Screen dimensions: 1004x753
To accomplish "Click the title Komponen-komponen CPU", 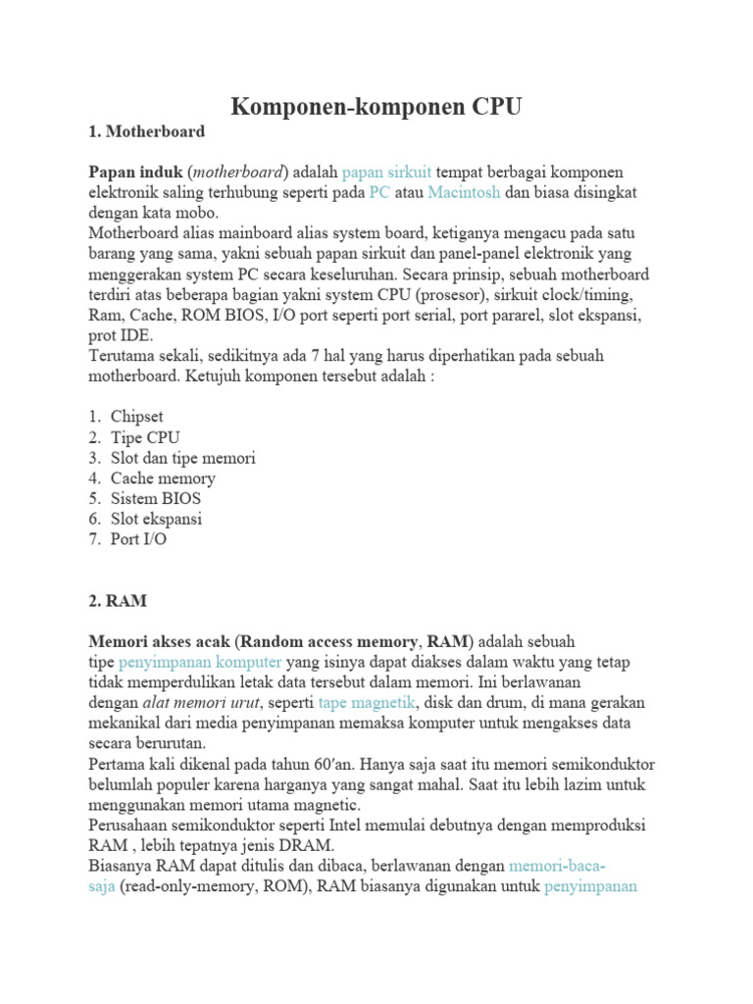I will click(x=376, y=106).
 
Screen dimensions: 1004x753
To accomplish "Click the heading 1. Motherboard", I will click(x=147, y=130).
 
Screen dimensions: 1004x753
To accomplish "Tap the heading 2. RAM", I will click(x=118, y=599).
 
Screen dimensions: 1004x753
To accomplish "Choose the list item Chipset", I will click(x=137, y=417).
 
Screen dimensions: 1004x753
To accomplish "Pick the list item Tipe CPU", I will click(x=145, y=437).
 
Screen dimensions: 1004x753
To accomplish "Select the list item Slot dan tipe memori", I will click(x=183, y=458).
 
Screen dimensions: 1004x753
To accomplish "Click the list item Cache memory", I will click(x=163, y=478).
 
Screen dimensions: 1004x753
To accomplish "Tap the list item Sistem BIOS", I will click(x=156, y=498).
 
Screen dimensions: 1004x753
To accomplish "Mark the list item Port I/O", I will click(x=138, y=539).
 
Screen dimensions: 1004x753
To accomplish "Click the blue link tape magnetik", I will click(x=368, y=703).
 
